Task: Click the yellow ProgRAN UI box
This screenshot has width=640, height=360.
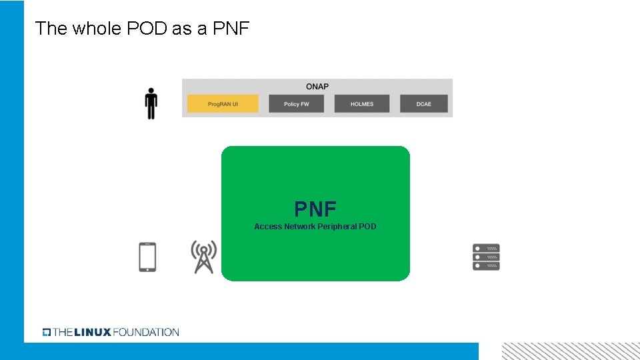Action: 223,104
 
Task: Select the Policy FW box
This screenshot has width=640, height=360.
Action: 296,104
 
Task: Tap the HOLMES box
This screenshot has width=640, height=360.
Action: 361,104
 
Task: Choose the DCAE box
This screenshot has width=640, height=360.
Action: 424,104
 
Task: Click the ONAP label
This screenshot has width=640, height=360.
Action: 317,87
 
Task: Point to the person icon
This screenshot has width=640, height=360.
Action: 151,104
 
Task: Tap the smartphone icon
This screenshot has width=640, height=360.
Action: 147,257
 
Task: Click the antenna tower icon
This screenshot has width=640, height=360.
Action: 203,257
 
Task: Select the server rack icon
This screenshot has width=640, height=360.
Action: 486,257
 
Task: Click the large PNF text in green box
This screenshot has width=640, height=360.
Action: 315,209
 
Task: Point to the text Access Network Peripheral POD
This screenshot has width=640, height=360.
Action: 315,227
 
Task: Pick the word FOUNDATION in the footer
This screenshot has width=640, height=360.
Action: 146,332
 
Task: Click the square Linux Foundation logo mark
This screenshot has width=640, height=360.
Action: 47,332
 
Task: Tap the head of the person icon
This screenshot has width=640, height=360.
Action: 151,91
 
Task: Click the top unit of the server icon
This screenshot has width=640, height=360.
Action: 486,248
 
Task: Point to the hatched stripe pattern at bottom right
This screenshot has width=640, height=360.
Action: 570,351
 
